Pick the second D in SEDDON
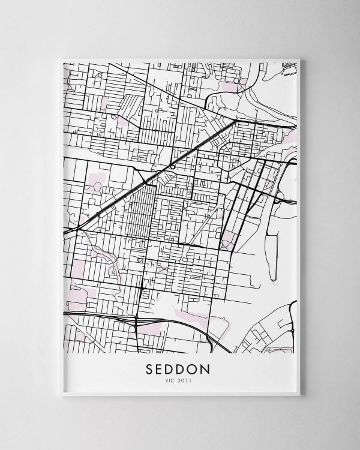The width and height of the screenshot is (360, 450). coord(187,366)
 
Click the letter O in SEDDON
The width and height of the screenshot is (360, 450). coord(202,366)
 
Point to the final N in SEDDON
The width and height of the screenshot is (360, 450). coord(216,366)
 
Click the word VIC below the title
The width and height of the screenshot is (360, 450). coord(172,379)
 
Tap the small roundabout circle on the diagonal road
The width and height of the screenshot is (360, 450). coord(172,166)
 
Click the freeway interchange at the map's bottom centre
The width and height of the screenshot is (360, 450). coord(137,322)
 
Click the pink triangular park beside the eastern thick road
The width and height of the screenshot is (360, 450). coord(227,242)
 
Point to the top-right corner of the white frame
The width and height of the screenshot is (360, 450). coord(298,59)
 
